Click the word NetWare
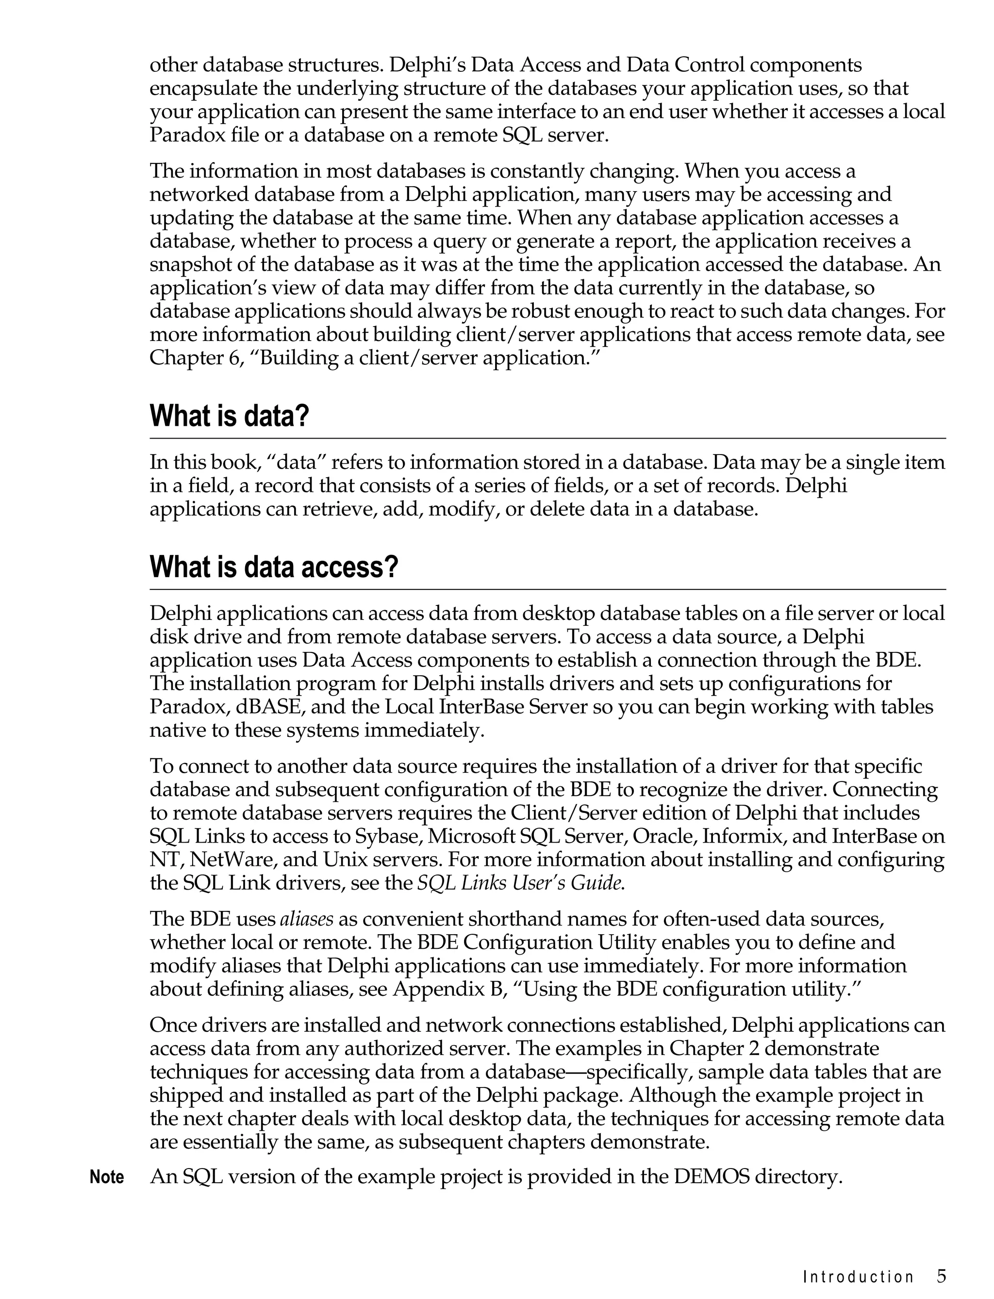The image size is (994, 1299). pyautogui.click(x=232, y=860)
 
